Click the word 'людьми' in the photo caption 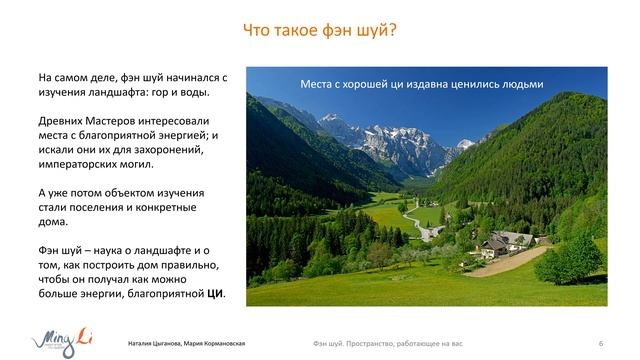point(520,85)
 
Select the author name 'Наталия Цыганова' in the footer point(155,343)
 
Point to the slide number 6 point(600,343)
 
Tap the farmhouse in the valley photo point(505,242)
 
